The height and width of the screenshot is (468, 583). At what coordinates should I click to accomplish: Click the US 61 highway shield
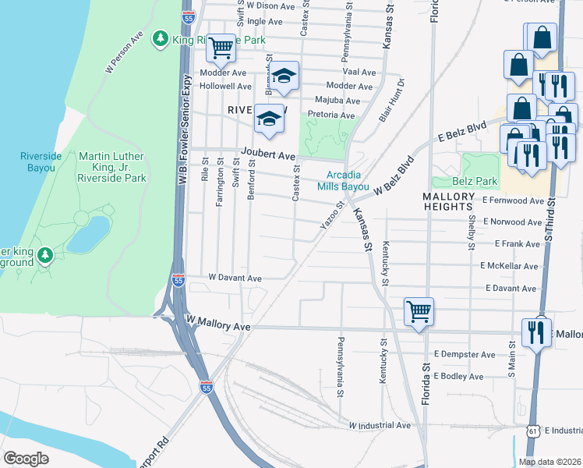point(532,431)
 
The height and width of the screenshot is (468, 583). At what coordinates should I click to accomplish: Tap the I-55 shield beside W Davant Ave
point(178,279)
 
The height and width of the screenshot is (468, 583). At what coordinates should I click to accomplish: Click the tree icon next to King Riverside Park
point(161,37)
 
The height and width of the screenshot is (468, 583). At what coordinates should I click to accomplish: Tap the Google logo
point(27,459)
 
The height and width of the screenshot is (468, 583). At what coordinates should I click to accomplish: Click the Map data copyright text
point(549,462)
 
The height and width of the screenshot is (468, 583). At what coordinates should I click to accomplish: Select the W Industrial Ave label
point(380,426)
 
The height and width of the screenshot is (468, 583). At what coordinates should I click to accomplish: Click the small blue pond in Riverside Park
point(88,234)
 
